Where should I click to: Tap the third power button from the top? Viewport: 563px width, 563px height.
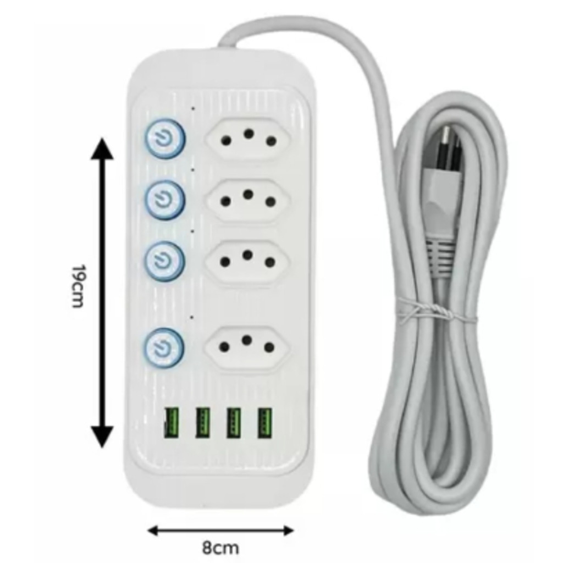tap(164, 260)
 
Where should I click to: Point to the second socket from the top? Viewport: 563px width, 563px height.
tap(248, 200)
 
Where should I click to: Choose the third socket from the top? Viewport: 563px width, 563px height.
tap(247, 260)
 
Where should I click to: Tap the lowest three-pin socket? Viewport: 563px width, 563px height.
tap(247, 346)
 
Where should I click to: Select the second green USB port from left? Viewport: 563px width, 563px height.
tap(203, 422)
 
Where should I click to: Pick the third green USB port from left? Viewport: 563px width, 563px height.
tap(234, 422)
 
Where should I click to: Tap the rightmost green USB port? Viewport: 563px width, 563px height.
tap(264, 422)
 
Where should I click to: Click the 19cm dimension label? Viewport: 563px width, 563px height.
tap(79, 286)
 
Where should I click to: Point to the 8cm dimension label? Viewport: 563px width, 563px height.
tap(220, 548)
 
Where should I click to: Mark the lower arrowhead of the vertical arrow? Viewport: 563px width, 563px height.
tap(102, 437)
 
